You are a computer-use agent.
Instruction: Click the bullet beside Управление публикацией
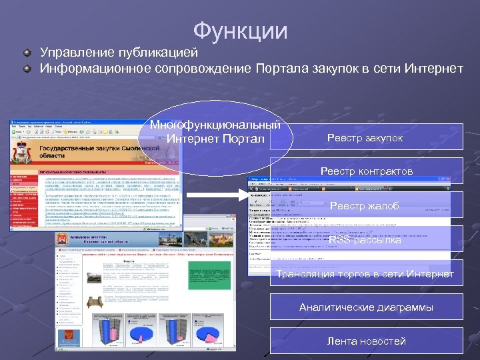point(27,52)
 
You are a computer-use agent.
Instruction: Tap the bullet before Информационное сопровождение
point(27,69)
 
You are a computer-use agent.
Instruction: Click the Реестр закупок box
point(365,138)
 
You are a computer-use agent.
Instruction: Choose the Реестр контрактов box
point(366,171)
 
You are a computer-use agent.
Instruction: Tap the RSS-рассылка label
point(365,240)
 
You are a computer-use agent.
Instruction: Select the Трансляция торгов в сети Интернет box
point(365,274)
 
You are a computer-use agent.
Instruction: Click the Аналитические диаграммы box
point(366,307)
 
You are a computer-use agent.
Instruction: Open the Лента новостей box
point(366,341)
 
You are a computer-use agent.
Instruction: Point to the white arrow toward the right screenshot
point(214,195)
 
